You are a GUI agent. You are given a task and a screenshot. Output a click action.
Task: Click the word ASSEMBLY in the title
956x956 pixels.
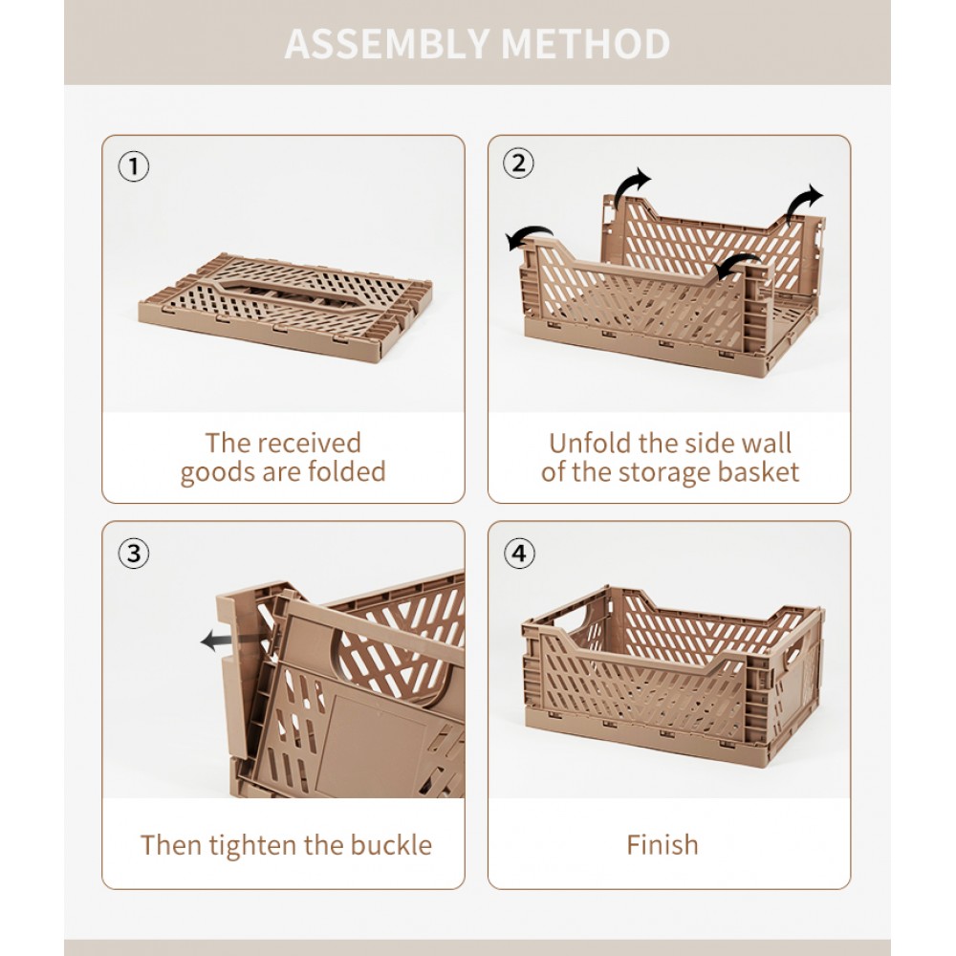click(x=386, y=43)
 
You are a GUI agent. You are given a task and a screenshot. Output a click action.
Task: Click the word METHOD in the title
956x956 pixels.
click(x=585, y=43)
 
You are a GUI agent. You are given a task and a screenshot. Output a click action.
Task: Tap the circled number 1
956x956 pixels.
click(x=134, y=166)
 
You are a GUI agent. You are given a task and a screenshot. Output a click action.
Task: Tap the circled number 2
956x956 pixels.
click(x=518, y=163)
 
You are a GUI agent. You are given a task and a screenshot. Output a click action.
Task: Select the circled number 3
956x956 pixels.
click(x=134, y=554)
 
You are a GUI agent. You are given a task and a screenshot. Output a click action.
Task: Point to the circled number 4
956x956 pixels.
click(x=519, y=554)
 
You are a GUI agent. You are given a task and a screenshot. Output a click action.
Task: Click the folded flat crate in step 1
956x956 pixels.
click(x=285, y=307)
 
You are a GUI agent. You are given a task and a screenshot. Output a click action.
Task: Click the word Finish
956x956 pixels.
click(x=663, y=845)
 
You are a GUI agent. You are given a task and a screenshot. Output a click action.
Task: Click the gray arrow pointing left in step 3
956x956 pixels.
click(x=217, y=641)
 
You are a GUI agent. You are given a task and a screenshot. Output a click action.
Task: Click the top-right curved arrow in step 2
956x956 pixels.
click(x=803, y=204)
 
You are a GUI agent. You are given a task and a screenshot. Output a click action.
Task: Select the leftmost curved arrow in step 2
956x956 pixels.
click(x=530, y=235)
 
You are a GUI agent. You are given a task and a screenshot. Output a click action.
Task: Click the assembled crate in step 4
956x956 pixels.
click(x=673, y=674)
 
